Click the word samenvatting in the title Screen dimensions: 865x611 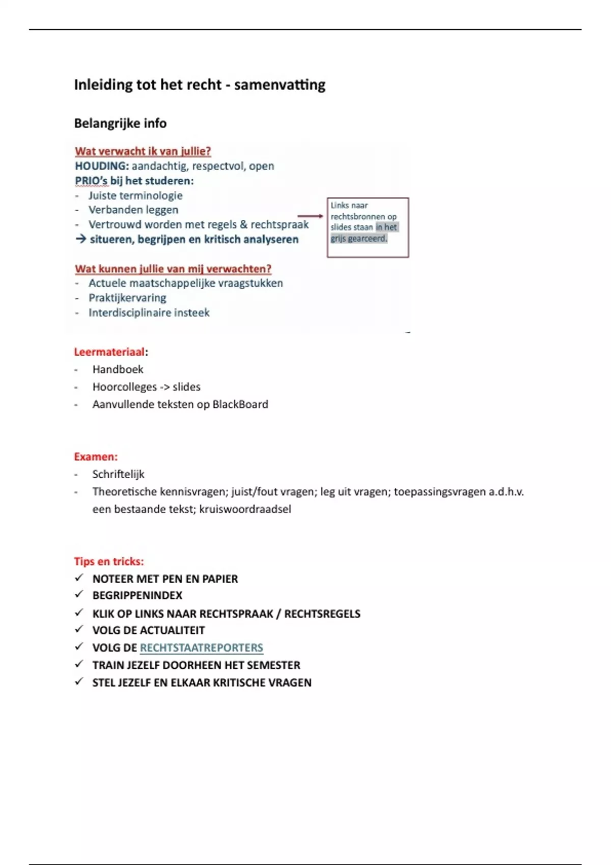point(280,84)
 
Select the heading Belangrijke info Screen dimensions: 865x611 point(120,123)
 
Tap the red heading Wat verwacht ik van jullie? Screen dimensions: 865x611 point(143,151)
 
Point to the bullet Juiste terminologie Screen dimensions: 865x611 point(135,195)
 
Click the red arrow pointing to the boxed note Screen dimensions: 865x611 point(310,216)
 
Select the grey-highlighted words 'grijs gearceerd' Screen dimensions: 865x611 point(359,239)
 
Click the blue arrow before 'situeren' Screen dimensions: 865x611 point(80,239)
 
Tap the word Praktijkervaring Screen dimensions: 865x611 point(127,298)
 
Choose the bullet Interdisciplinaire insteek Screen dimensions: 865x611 point(149,312)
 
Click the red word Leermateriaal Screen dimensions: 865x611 point(109,352)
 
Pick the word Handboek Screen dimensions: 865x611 point(118,369)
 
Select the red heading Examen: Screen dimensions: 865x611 point(96,456)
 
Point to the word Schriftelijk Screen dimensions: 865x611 point(118,474)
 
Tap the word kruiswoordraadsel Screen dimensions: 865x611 point(245,509)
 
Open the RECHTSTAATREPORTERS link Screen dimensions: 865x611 point(201,648)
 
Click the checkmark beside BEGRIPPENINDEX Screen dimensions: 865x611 point(79,594)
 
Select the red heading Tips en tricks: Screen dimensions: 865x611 point(109,561)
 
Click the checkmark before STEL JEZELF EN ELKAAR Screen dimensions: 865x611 point(79,682)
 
